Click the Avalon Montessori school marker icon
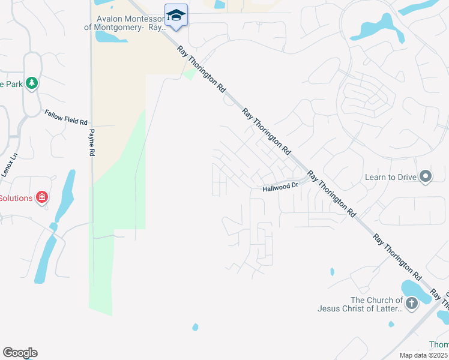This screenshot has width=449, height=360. tap(176, 15)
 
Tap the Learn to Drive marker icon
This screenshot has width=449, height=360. tap(426, 176)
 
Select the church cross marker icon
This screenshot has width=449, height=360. tap(411, 304)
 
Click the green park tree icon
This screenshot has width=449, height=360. tap(32, 83)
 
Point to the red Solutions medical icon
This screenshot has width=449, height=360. tap(41, 197)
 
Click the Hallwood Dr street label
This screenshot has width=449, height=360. tap(280, 188)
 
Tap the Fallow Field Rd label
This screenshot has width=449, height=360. tap(66, 117)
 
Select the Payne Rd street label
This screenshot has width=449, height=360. tap(92, 143)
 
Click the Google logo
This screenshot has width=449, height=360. tap(20, 353)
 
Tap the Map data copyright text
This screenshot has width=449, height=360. tap(424, 355)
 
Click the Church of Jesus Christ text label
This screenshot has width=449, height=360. tap(360, 304)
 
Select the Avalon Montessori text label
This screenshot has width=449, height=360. tap(126, 23)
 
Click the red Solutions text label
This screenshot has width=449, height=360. tap(16, 198)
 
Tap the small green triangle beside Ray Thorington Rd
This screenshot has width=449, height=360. tap(190, 74)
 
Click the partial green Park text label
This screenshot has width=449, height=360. tap(11, 84)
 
